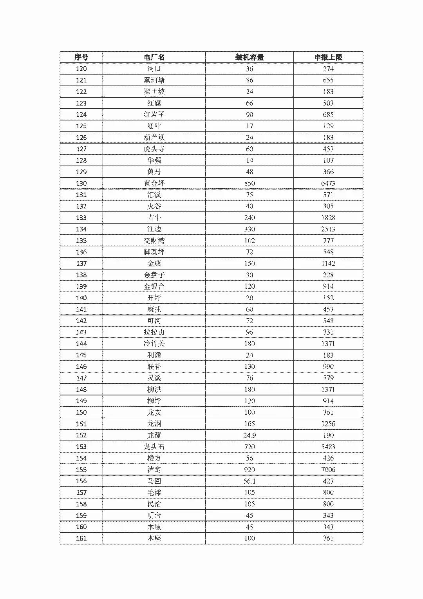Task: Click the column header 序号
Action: [x=81, y=57]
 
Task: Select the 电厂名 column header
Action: [x=154, y=57]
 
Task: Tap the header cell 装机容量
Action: [x=249, y=57]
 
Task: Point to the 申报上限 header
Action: [x=328, y=57]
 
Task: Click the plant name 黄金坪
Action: [x=154, y=183]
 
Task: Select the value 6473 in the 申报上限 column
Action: [x=328, y=183]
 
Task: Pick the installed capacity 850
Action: [x=249, y=183]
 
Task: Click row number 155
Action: [x=81, y=470]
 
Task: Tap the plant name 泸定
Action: [x=154, y=470]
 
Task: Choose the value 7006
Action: [x=328, y=470]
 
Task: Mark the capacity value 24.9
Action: [x=249, y=435]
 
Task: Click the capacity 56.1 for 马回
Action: [x=249, y=481]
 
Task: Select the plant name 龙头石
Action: [x=154, y=447]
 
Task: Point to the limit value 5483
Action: [x=328, y=447]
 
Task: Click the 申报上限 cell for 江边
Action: [x=328, y=229]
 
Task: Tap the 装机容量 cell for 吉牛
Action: [x=249, y=218]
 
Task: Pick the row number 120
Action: [x=81, y=69]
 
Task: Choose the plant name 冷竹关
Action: [x=154, y=344]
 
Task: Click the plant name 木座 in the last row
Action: [x=154, y=538]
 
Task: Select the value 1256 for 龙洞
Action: [x=328, y=424]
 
